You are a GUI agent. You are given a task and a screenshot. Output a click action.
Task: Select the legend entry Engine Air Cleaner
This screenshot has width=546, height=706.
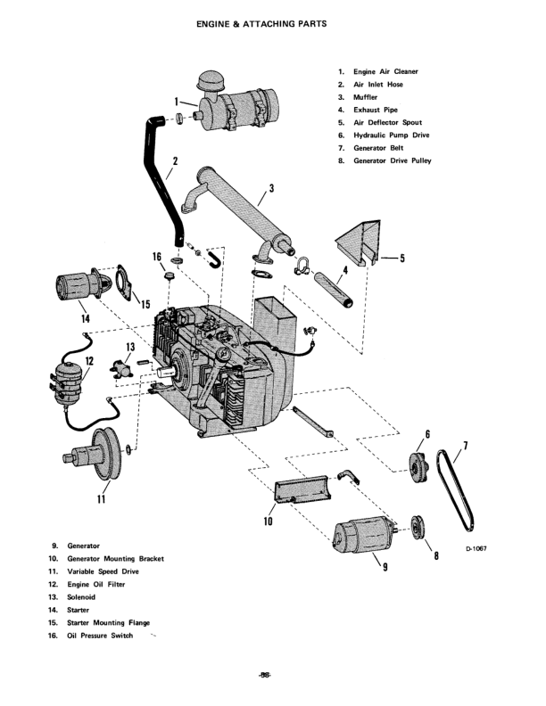click(x=385, y=71)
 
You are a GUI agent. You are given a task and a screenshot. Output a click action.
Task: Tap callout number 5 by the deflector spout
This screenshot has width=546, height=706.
click(x=401, y=259)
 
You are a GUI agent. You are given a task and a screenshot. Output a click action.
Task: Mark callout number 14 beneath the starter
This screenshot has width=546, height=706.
click(x=86, y=316)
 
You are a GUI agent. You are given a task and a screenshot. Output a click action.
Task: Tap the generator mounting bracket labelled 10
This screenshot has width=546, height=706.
click(x=303, y=489)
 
